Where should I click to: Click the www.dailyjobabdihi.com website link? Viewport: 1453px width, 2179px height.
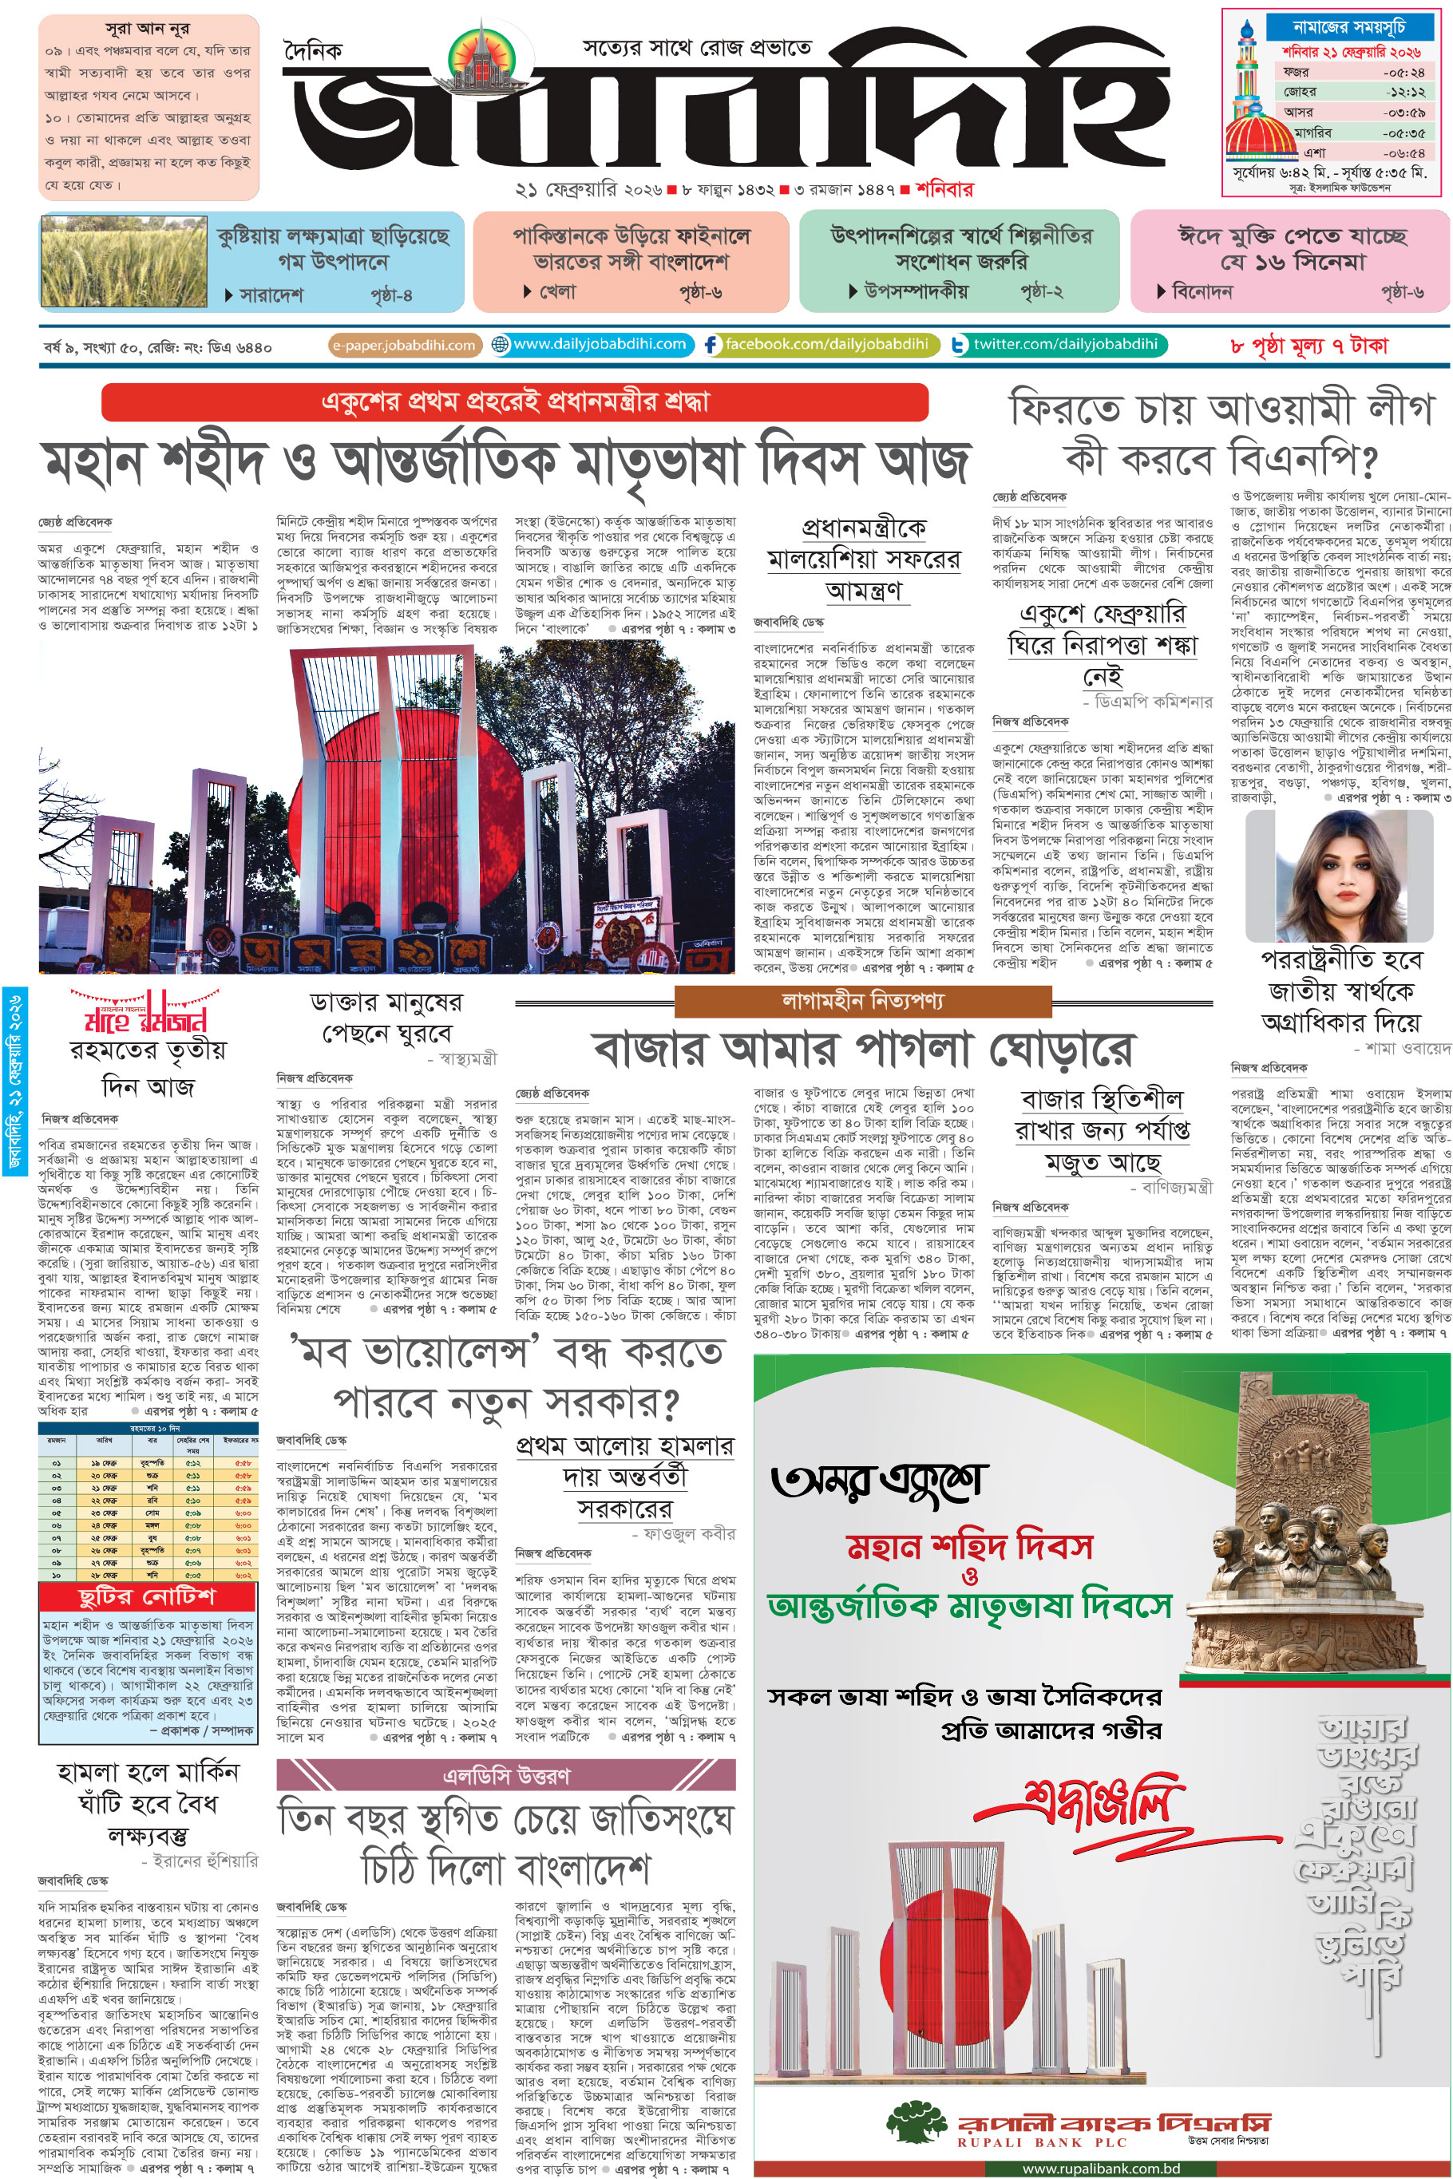click(599, 345)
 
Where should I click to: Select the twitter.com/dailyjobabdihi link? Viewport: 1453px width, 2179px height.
click(1065, 345)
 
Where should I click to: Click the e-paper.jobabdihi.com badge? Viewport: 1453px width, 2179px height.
click(404, 346)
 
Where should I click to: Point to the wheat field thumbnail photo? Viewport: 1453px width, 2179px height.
click(110, 262)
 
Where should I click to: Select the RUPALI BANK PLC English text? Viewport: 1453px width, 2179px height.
click(1042, 2142)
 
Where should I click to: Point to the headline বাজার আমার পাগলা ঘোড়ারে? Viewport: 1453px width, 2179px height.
click(861, 1050)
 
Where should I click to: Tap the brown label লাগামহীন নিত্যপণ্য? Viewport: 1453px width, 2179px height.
click(863, 1002)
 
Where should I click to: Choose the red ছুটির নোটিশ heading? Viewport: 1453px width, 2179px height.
click(146, 1596)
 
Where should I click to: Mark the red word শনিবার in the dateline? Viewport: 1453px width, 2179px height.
click(944, 190)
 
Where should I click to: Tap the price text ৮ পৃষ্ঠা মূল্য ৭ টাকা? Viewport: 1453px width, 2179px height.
click(1308, 346)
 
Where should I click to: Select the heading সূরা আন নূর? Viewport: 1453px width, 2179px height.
click(148, 29)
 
